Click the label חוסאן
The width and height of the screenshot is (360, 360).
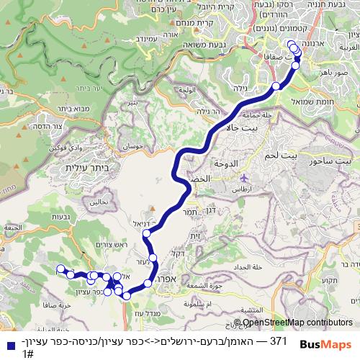click(x=135, y=145)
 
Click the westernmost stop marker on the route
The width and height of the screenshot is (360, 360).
click(x=60, y=270)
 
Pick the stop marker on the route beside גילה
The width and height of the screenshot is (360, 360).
click(x=276, y=86)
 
